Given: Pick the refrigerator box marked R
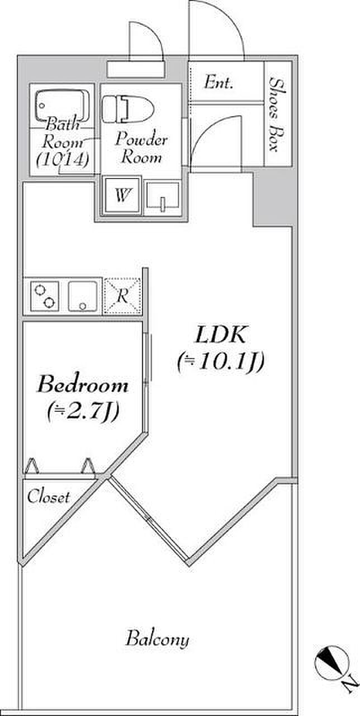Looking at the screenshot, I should [122, 295].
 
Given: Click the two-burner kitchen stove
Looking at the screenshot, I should [44, 295].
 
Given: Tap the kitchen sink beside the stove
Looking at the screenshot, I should [83, 295].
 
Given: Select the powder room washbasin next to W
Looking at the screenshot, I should [162, 197].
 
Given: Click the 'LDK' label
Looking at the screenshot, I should [220, 335].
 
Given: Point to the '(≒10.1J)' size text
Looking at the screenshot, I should [220, 362].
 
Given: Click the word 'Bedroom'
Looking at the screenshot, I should [82, 385].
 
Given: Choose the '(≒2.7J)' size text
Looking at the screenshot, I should [82, 412].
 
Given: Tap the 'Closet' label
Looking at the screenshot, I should [49, 496].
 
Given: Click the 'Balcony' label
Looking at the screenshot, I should [157, 638].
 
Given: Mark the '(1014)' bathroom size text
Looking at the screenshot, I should [62, 159].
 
